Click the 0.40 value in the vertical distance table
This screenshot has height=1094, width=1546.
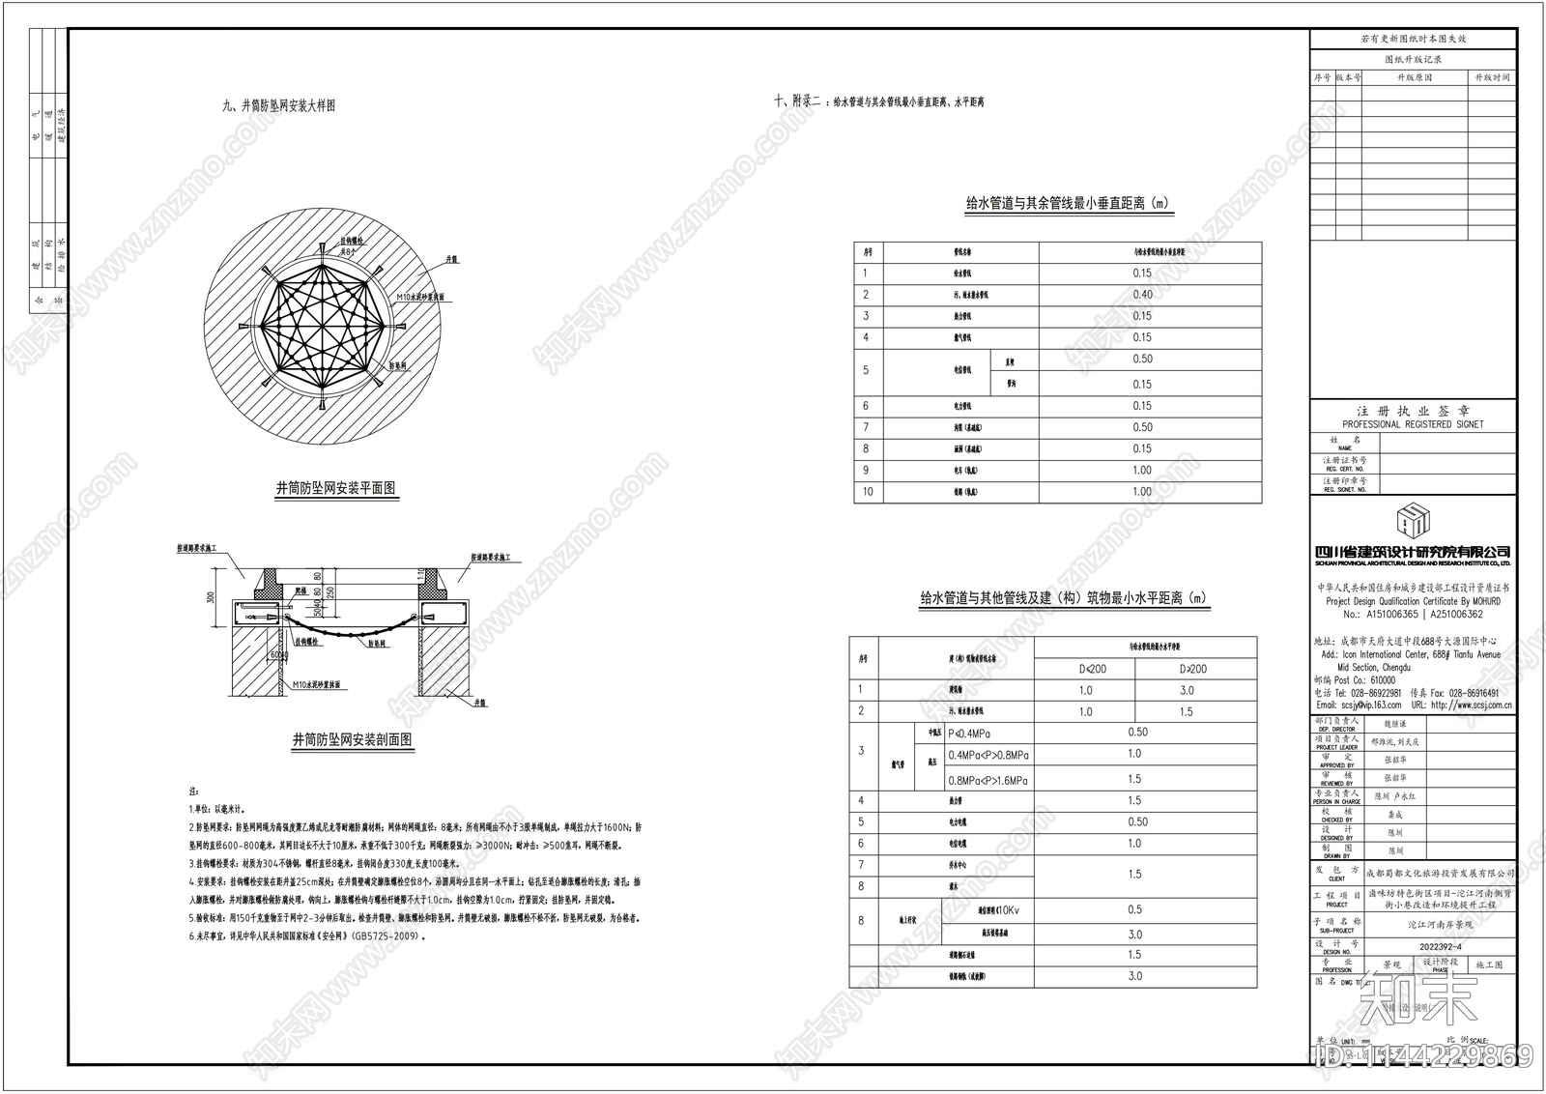[x=1142, y=295]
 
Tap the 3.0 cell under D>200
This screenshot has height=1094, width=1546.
[x=1187, y=690]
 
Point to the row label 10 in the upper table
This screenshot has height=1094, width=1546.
[x=867, y=492]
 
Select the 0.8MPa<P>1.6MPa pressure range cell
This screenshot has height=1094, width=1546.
[x=988, y=779]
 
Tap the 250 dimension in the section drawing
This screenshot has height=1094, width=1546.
[x=330, y=591]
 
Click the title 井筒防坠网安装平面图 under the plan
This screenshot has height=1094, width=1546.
[x=336, y=489]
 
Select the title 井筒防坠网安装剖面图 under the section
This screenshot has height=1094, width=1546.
[x=353, y=740]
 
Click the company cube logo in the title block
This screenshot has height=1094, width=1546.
[x=1412, y=522]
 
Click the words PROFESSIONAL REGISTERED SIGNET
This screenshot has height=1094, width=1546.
[x=1413, y=424]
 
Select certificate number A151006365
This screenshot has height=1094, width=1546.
[x=1392, y=614]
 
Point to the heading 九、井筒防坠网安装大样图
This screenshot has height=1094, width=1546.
[x=279, y=105]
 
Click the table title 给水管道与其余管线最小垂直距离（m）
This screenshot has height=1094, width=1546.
[x=1068, y=204]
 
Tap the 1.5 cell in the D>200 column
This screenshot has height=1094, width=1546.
[x=1187, y=711]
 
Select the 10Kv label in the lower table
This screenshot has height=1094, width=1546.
[x=1008, y=910]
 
